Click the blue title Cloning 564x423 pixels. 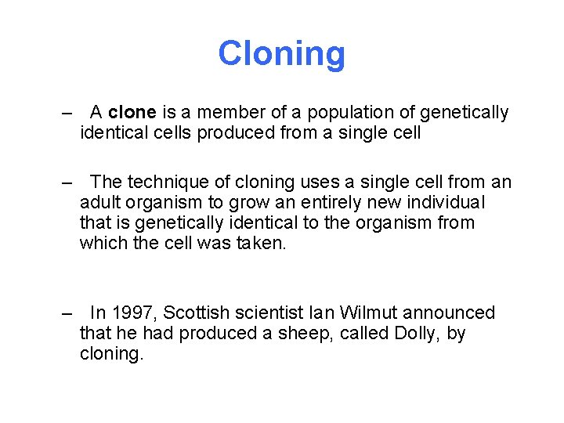click(x=281, y=54)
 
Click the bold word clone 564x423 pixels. click(x=133, y=114)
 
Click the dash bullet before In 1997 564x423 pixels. click(x=67, y=313)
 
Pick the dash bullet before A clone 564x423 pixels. click(x=67, y=114)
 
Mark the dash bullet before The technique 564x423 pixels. click(x=67, y=183)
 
